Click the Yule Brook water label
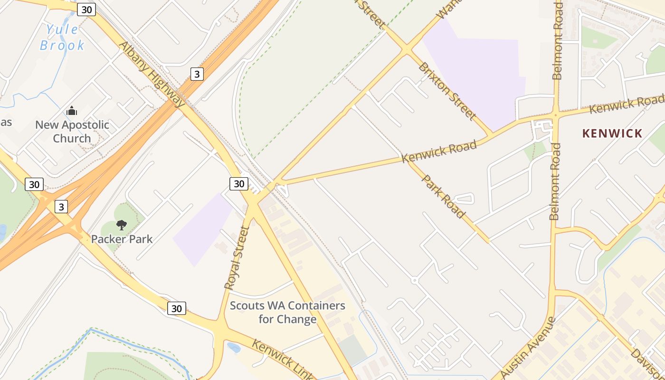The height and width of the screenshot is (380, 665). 62,38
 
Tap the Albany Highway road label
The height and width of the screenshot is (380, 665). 152,74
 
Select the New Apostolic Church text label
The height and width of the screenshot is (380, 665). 72,132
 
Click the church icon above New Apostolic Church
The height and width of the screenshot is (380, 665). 72,111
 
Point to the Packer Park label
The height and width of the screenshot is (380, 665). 122,239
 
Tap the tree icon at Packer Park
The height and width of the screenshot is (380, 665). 122,225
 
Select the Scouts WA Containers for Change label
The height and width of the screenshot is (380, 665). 287,312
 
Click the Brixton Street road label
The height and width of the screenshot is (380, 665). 446,91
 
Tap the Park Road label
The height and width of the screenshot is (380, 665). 443,196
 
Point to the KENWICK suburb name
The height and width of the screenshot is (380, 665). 612,133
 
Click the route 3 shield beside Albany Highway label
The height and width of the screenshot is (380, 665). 197,74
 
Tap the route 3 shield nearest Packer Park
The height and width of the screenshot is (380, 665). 61,207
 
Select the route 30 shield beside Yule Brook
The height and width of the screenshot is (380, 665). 86,9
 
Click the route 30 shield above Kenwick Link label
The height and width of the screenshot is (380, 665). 176,308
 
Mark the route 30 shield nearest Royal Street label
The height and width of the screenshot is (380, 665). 239,184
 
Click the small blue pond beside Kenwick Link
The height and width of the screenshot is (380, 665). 234,348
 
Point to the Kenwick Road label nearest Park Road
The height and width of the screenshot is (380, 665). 439,152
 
